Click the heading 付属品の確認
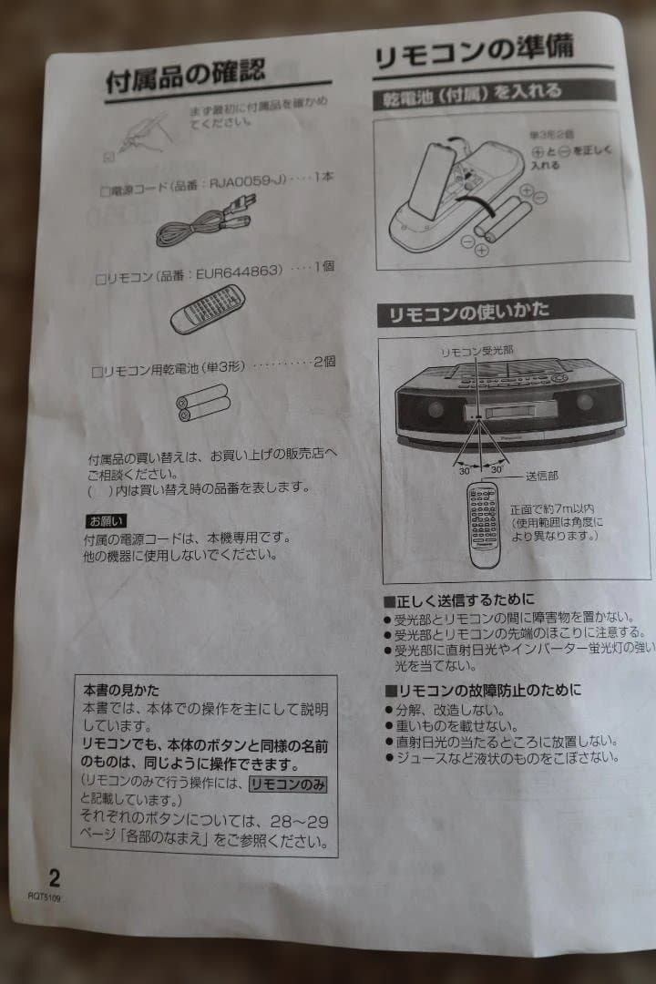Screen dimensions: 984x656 (185, 77)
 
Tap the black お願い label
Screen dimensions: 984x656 (107, 521)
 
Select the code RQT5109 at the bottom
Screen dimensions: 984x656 (45, 897)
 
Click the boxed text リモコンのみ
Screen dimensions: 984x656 (288, 784)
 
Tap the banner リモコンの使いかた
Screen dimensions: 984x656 (469, 313)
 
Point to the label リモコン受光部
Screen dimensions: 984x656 (477, 351)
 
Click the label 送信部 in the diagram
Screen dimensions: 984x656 (541, 476)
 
